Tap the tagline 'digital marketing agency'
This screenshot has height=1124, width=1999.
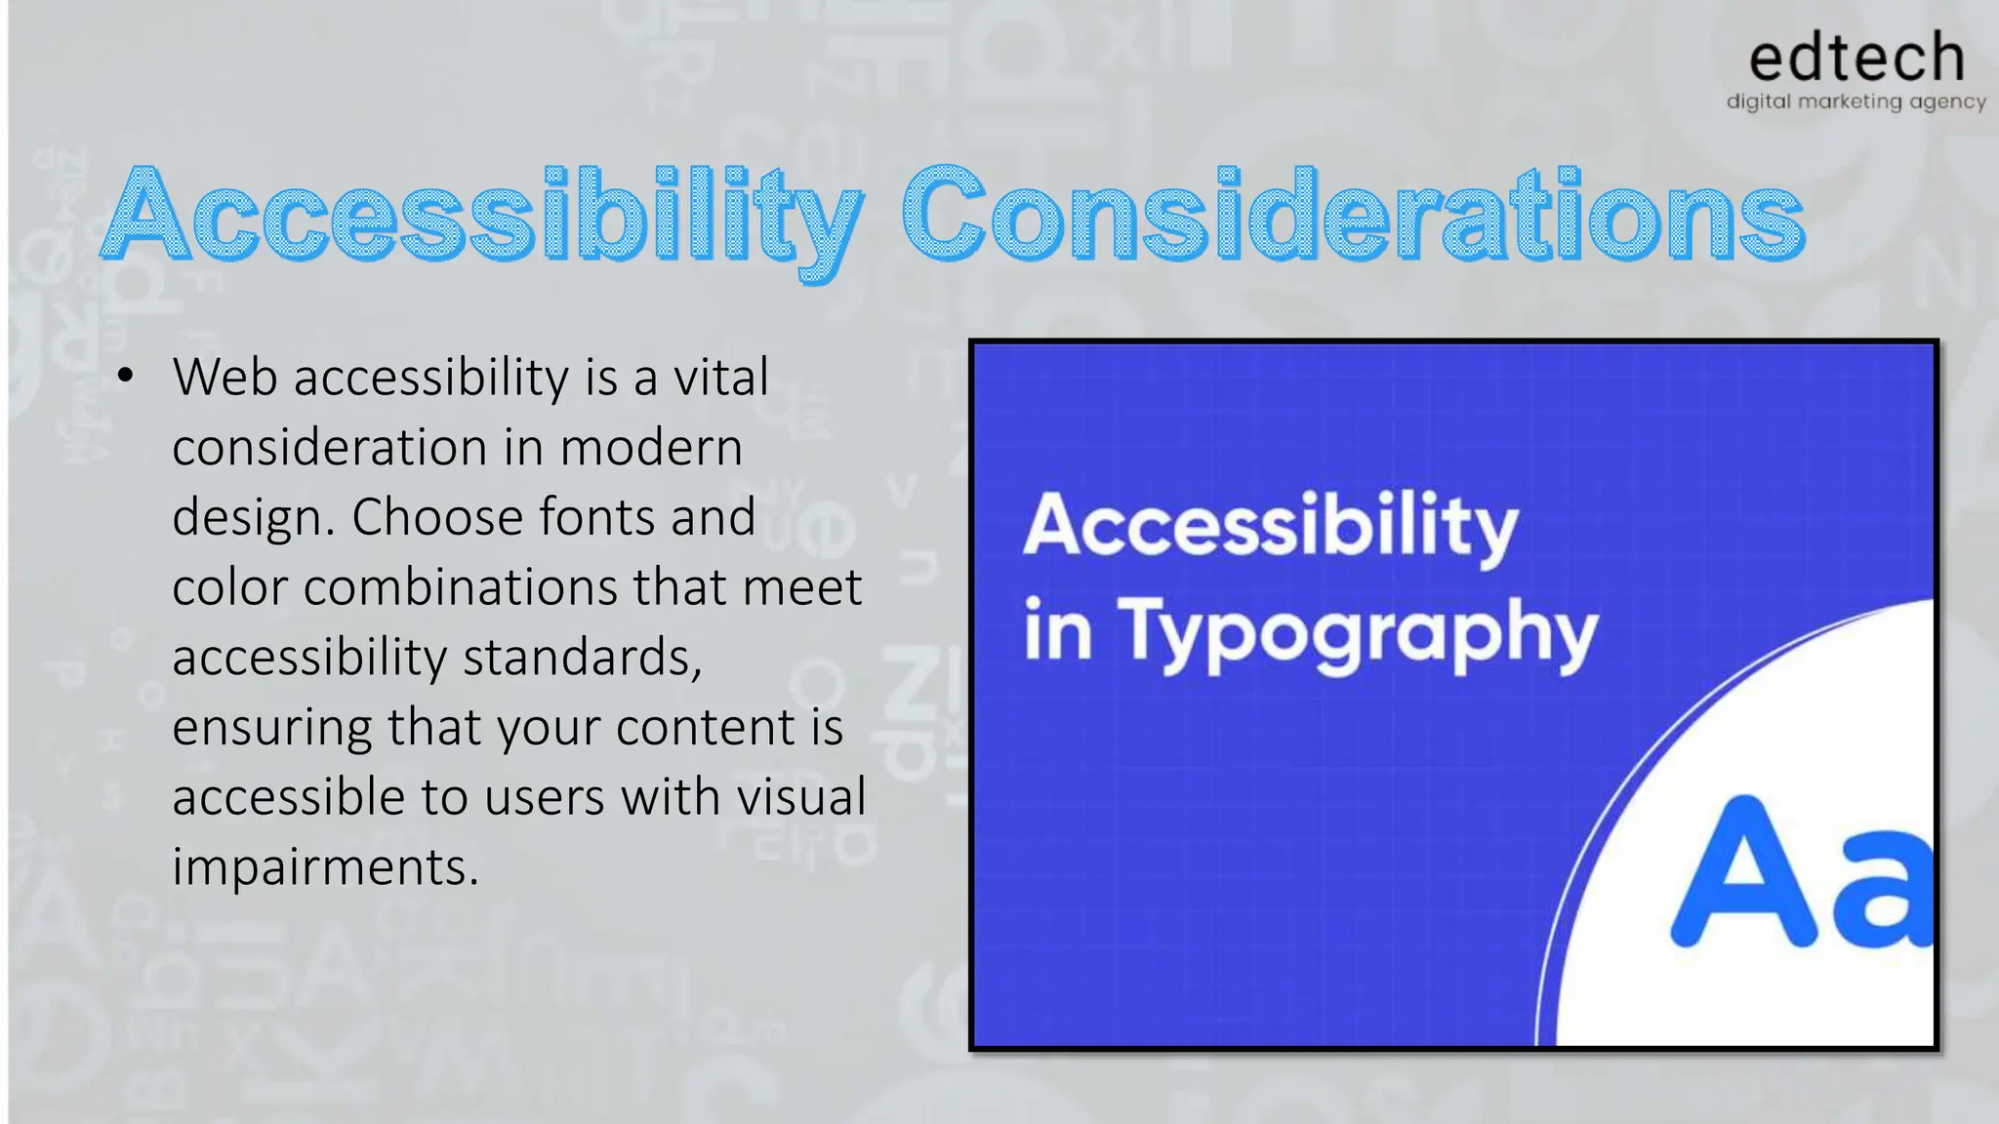(1856, 101)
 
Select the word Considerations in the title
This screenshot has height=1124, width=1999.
(1353, 215)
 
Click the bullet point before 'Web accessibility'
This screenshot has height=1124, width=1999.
(124, 377)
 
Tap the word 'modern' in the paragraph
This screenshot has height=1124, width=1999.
(651, 448)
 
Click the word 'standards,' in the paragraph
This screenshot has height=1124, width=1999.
(582, 658)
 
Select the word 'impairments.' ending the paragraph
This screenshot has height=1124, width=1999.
(325, 867)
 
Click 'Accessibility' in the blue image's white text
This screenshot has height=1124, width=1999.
(1270, 527)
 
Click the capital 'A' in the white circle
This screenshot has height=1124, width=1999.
(1742, 873)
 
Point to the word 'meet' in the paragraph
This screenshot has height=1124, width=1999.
(801, 587)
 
